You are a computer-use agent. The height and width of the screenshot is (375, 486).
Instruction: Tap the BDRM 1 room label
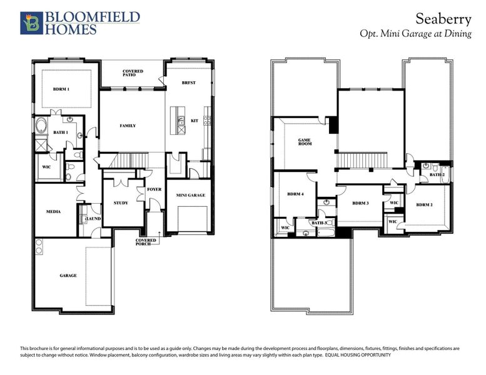(x=61, y=89)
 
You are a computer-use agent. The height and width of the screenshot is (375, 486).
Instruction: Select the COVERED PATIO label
(x=133, y=74)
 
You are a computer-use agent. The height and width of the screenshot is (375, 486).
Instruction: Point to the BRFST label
(x=189, y=82)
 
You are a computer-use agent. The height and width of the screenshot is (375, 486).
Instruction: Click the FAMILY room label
(x=128, y=126)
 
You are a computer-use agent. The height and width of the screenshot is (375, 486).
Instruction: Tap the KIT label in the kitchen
(x=194, y=121)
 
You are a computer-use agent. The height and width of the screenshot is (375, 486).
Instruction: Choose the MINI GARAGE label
(x=190, y=196)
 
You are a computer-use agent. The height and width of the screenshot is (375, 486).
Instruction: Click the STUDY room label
(x=121, y=202)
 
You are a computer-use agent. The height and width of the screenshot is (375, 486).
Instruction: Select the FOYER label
(x=154, y=189)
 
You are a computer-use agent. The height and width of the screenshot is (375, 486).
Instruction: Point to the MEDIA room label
(x=53, y=212)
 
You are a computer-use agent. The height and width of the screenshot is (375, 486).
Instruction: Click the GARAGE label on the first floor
(x=68, y=275)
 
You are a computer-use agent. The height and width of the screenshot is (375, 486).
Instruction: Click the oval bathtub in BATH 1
(x=41, y=127)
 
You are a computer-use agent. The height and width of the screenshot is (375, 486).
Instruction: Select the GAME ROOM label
(x=305, y=142)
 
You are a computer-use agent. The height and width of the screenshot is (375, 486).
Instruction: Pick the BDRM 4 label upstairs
(x=295, y=194)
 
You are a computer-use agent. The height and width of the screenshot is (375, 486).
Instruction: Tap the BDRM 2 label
(x=424, y=204)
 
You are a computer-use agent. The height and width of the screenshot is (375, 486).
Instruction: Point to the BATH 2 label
(x=437, y=175)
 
